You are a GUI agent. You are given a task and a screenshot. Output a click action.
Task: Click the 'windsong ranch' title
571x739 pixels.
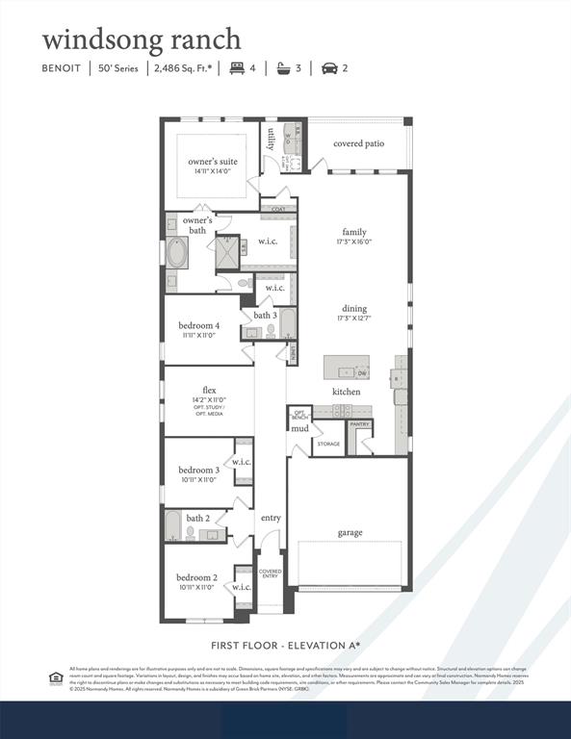[x=141, y=39]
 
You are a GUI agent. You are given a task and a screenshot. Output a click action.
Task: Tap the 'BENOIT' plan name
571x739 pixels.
[x=63, y=68]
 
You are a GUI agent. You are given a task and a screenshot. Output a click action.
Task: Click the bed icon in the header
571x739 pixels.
[x=236, y=68]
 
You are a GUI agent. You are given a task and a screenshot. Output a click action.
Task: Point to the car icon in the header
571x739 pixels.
[x=328, y=68]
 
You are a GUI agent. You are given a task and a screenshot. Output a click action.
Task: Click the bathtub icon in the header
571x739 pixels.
[x=283, y=68]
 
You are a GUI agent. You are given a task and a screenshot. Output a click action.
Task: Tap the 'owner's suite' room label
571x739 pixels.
[x=212, y=162]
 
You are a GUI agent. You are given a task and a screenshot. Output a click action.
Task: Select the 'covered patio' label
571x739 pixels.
[x=359, y=143]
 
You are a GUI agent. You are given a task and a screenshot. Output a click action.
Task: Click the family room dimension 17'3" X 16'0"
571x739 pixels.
[x=354, y=242]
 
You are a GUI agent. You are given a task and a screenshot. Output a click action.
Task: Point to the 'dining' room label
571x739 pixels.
[x=353, y=308]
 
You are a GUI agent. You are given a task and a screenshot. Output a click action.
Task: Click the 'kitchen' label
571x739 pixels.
[x=347, y=392]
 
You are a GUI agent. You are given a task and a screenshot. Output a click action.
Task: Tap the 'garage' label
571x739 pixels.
[x=350, y=532]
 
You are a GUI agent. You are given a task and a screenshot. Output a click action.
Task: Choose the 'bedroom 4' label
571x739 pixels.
[x=198, y=325]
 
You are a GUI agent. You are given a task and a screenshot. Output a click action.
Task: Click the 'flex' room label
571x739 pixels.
[x=209, y=390]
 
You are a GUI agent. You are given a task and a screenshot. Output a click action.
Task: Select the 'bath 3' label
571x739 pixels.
[x=266, y=316]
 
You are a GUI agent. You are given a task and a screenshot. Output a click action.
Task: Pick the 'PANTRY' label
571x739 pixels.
[x=359, y=423]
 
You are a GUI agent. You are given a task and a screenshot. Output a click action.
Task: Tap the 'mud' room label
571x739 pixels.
[x=300, y=428]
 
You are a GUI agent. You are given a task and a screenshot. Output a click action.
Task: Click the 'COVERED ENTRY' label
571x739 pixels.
[x=271, y=573]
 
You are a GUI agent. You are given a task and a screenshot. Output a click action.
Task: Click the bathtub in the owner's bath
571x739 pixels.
[x=178, y=254]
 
